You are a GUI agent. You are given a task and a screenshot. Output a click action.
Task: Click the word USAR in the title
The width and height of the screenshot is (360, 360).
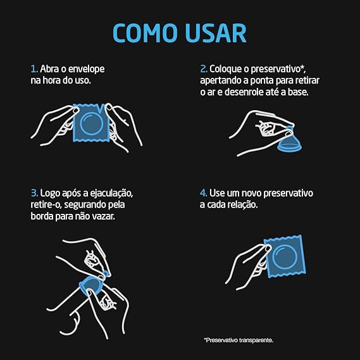pyautogui.click(x=216, y=33)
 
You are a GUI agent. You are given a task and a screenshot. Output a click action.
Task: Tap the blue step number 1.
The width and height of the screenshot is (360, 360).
pyautogui.click(x=34, y=69)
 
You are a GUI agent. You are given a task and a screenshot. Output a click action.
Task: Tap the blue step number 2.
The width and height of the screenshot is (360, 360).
pyautogui.click(x=204, y=69)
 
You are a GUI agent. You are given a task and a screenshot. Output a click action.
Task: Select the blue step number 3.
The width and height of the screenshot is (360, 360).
pyautogui.click(x=34, y=193)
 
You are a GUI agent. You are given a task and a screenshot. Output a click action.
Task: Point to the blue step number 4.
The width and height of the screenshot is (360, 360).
pyautogui.click(x=204, y=193)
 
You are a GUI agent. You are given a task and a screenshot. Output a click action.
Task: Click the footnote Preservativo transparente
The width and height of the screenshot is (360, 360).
pyautogui.click(x=239, y=340)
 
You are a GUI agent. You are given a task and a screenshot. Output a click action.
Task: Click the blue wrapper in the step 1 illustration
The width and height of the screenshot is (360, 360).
pyautogui.click(x=91, y=123)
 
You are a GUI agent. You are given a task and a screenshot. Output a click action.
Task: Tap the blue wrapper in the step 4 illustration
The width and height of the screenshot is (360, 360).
pyautogui.click(x=285, y=256)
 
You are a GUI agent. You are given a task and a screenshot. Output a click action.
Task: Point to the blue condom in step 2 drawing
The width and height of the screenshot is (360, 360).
pyautogui.click(x=290, y=142)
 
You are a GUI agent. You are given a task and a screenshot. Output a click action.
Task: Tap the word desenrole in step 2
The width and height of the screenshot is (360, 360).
pyautogui.click(x=244, y=92)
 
